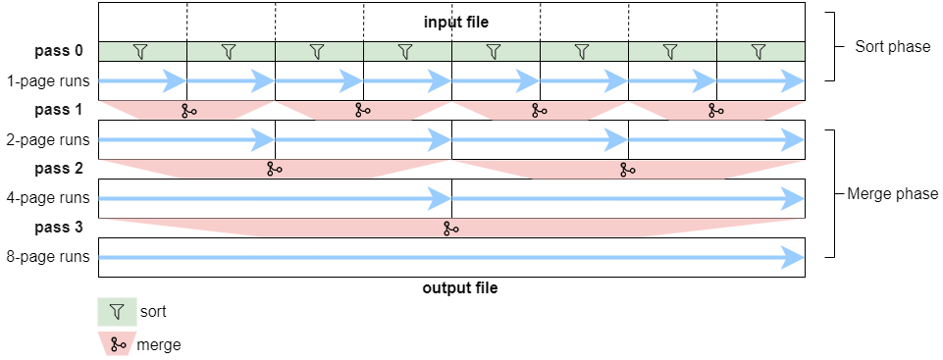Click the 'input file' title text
[455, 22]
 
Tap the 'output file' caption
[459, 288]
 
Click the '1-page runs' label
[49, 80]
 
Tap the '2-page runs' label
[49, 139]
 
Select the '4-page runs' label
[49, 198]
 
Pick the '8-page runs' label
[49, 257]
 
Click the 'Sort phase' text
[892, 46]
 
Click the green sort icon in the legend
[117, 312]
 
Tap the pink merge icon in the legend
[118, 344]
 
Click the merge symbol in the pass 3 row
[450, 228]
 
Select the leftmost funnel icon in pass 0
[141, 51]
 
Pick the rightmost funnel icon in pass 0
[758, 51]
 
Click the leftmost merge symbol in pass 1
[188, 110]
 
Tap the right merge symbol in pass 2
[627, 169]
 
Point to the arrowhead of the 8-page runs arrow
[793, 257]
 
